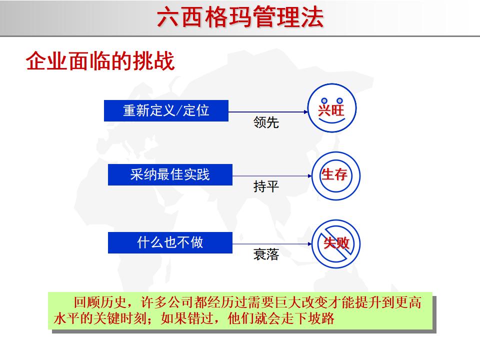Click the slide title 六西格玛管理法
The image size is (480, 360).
[240, 18]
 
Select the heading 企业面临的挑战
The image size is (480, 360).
[100, 62]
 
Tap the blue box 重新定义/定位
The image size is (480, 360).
[166, 110]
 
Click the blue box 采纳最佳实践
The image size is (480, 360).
[170, 175]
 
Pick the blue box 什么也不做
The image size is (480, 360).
[170, 242]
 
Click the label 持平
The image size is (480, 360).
[266, 187]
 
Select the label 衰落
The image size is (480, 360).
[266, 255]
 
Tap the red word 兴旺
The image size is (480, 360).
[331, 110]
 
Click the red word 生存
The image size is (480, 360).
[334, 174]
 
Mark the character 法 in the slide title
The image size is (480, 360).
[312, 18]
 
